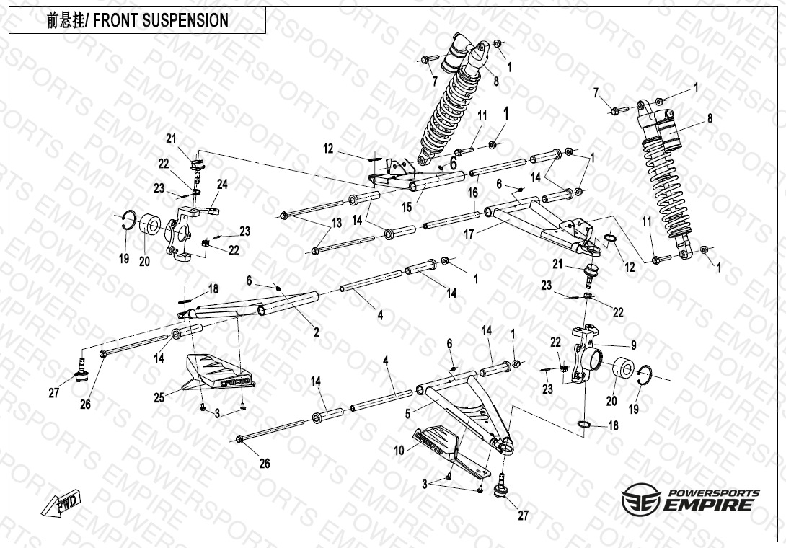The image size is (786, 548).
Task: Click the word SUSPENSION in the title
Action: click(189, 20)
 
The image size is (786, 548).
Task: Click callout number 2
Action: click(315, 332)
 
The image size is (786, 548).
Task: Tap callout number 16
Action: click(473, 193)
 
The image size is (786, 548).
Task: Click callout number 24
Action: click(222, 185)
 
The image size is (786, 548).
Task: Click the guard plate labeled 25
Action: click(216, 371)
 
